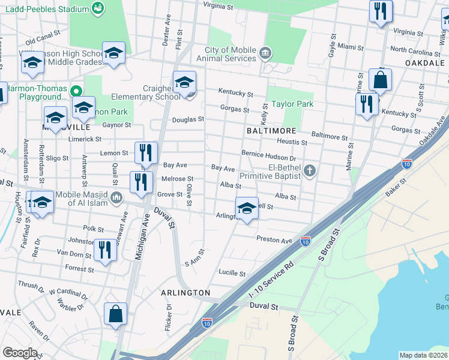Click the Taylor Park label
[292, 104]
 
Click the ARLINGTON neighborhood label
[185, 292]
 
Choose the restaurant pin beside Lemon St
[146, 154]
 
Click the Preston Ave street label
[274, 239]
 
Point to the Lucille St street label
[232, 273]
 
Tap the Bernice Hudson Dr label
[269, 154]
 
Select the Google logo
[20, 353]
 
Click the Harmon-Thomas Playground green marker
[76, 92]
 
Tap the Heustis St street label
[292, 143]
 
